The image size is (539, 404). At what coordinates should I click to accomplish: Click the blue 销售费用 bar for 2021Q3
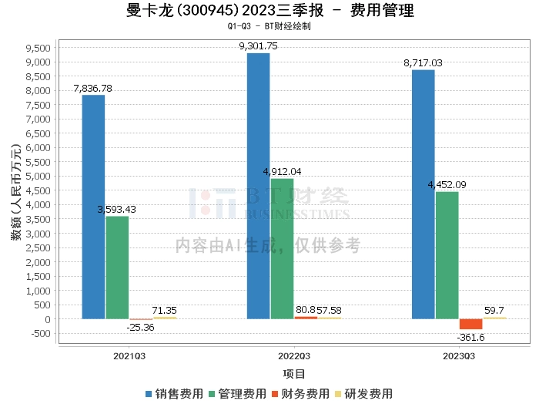tap(93, 207)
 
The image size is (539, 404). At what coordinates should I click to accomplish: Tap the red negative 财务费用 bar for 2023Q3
tap(470, 324)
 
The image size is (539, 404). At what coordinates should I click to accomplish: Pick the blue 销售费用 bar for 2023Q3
tap(423, 194)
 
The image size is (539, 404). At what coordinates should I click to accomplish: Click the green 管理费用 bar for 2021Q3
tap(117, 267)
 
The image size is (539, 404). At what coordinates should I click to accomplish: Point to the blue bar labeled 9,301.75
tap(258, 186)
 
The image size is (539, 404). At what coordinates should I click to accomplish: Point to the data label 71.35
tap(165, 311)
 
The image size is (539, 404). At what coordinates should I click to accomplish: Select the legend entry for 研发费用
tap(363, 394)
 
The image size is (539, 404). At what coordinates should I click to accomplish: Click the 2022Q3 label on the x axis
tap(293, 356)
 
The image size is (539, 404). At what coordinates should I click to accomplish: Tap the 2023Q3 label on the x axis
tap(458, 356)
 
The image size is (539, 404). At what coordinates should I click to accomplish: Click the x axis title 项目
tap(294, 374)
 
